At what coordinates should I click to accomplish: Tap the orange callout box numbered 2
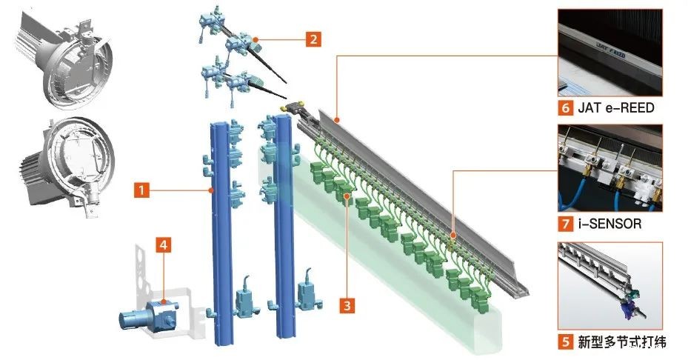pyautogui.click(x=313, y=39)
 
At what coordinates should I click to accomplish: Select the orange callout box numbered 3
pyautogui.click(x=347, y=304)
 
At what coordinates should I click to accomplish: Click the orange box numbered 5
pyautogui.click(x=567, y=342)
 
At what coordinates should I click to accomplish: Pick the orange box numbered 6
pyautogui.click(x=567, y=107)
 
